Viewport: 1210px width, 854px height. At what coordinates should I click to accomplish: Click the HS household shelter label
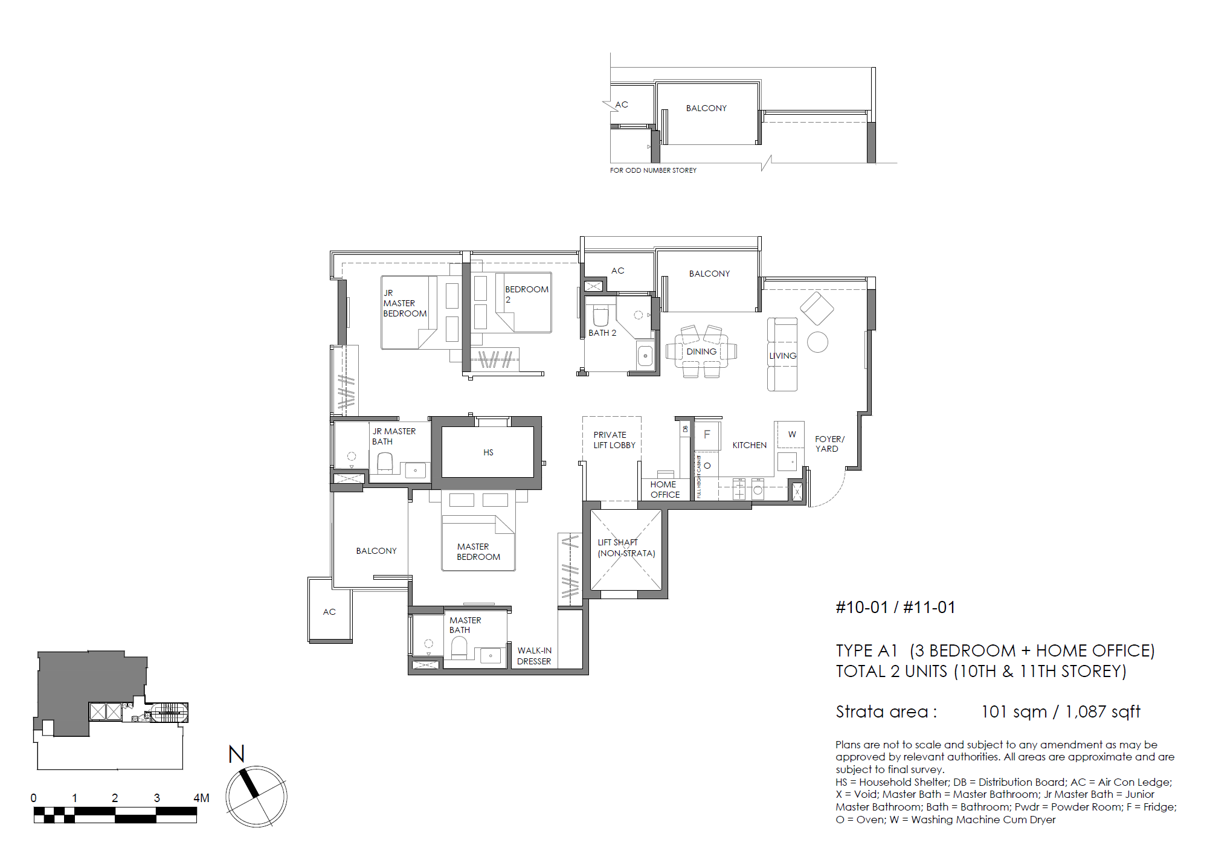coord(488,452)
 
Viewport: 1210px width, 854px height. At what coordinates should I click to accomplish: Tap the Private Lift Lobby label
coord(614,440)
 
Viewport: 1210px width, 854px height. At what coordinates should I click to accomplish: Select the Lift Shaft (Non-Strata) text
coord(626,548)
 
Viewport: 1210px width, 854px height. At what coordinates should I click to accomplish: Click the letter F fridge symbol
coord(707,434)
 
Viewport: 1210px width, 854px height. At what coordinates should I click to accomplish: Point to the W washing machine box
coord(791,434)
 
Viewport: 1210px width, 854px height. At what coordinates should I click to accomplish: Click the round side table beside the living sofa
coord(817,342)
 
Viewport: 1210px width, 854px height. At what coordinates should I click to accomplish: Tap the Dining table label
coord(701,352)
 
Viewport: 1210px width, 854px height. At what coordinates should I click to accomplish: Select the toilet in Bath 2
coord(600,316)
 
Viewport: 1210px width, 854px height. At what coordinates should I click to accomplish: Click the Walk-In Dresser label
coord(534,656)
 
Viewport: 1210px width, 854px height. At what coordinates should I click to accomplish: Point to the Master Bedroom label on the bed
coord(478,551)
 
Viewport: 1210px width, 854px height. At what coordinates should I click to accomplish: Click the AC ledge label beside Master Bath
coord(329,612)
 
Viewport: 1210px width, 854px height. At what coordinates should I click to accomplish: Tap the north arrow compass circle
coord(256,797)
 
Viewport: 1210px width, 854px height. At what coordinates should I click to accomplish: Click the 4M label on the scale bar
coord(201,798)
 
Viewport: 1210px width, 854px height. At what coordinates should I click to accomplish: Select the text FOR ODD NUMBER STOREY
coord(653,170)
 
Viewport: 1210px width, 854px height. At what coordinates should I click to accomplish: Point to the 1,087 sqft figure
coord(1102,711)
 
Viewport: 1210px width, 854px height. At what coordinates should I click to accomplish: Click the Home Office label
coord(665,489)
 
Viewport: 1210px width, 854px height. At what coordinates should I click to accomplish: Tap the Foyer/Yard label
coord(829,444)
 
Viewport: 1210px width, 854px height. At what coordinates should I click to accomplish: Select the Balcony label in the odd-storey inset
coord(706,108)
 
